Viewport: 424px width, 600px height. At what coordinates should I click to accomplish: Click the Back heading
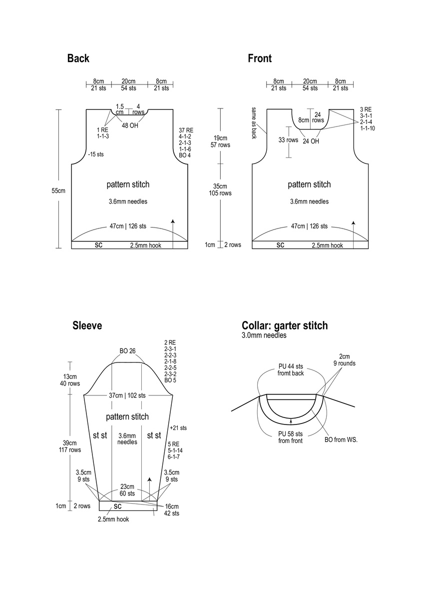point(78,58)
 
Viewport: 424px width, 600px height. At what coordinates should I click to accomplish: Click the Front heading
point(260,58)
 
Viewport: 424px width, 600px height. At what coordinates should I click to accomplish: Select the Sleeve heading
point(87,326)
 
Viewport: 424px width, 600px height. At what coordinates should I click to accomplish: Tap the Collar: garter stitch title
point(285,326)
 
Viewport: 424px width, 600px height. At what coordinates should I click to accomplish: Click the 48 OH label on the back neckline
point(130,125)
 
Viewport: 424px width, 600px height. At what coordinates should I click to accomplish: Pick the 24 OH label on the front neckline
point(311,141)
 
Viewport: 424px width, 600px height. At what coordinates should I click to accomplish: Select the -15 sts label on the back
point(95,154)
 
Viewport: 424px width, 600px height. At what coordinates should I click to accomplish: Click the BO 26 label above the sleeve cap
point(127,350)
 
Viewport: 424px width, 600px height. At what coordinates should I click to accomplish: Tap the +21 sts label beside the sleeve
point(178,428)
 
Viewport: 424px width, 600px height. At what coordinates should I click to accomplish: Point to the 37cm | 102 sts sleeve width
point(127,395)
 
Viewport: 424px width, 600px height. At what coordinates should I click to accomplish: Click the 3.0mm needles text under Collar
point(264,335)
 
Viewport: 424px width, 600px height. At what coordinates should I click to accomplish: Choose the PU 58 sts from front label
point(290,437)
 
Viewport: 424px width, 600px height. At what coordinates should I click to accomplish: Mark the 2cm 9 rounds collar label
point(345,360)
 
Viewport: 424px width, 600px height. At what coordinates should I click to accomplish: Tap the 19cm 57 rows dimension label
point(220,141)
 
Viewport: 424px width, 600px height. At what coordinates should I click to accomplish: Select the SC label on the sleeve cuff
point(118,506)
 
